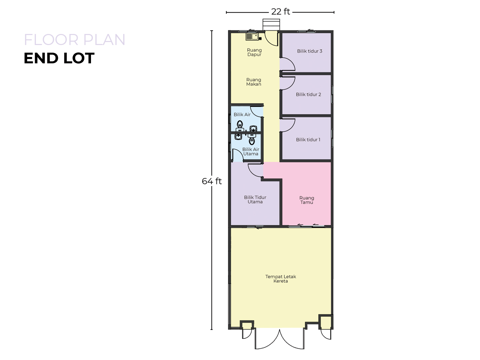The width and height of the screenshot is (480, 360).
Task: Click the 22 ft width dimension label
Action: click(280, 12)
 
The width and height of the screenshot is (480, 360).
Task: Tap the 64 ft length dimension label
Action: click(211, 181)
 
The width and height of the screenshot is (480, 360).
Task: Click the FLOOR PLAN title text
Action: click(75, 40)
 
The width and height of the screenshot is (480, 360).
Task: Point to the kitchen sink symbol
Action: click(252, 37)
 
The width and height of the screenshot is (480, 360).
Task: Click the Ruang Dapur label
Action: click(254, 52)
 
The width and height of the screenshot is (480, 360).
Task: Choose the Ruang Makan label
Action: click(254, 82)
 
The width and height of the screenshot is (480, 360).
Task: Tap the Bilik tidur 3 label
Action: click(309, 51)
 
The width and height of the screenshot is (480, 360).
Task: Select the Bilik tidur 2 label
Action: click(308, 94)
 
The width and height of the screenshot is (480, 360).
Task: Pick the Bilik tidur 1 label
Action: click(308, 140)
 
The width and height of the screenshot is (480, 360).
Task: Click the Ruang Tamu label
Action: click(307, 200)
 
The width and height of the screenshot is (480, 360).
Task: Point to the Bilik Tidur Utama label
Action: click(255, 199)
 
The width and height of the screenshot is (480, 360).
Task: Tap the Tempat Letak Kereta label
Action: click(281, 279)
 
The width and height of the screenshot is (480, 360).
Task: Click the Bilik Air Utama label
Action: click(251, 151)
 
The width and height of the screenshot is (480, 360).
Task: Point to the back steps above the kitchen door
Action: click(271, 24)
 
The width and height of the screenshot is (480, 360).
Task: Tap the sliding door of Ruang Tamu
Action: click(306, 226)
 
